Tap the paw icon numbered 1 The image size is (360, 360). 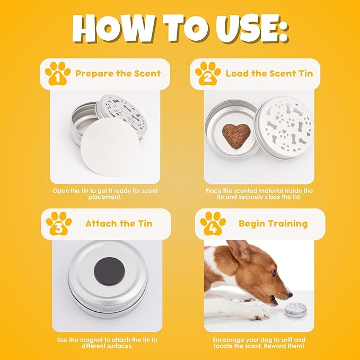pyautogui.click(x=58, y=73)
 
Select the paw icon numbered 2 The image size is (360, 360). pyautogui.click(x=208, y=73)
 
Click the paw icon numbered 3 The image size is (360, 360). pyautogui.click(x=58, y=223)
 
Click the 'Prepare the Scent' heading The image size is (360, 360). pyautogui.click(x=118, y=73)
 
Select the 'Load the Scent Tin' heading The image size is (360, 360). pyautogui.click(x=269, y=73)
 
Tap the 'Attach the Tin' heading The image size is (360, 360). pyautogui.click(x=119, y=223)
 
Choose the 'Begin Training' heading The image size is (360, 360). pyautogui.click(x=273, y=223)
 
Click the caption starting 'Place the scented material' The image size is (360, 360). pyautogui.click(x=259, y=194)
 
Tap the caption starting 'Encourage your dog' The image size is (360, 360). pyautogui.click(x=259, y=343)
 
